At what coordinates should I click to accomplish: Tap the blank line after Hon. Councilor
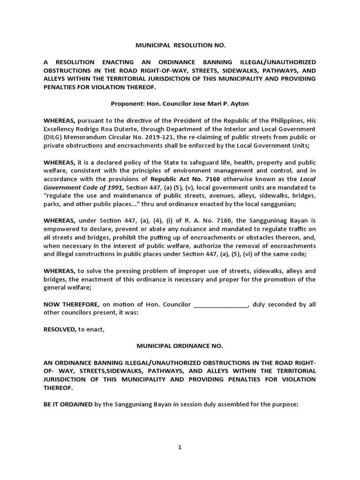click(220, 305)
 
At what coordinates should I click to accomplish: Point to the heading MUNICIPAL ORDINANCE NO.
click(180, 346)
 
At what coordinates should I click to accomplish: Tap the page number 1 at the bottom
click(180, 447)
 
